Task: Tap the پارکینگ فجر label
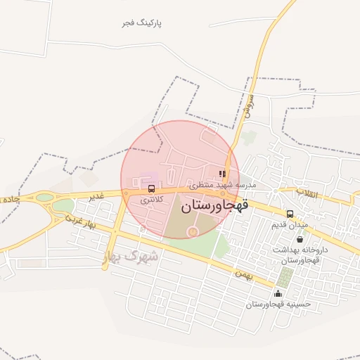(x=141, y=23)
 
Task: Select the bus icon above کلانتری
(x=151, y=189)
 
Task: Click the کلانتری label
(x=151, y=200)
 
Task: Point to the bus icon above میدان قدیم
(x=290, y=214)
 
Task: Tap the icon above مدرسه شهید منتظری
(x=222, y=174)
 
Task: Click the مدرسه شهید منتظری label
(x=221, y=185)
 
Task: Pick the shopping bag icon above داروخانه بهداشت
(x=300, y=239)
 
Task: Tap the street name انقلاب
(x=309, y=192)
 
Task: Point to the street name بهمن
(x=243, y=272)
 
